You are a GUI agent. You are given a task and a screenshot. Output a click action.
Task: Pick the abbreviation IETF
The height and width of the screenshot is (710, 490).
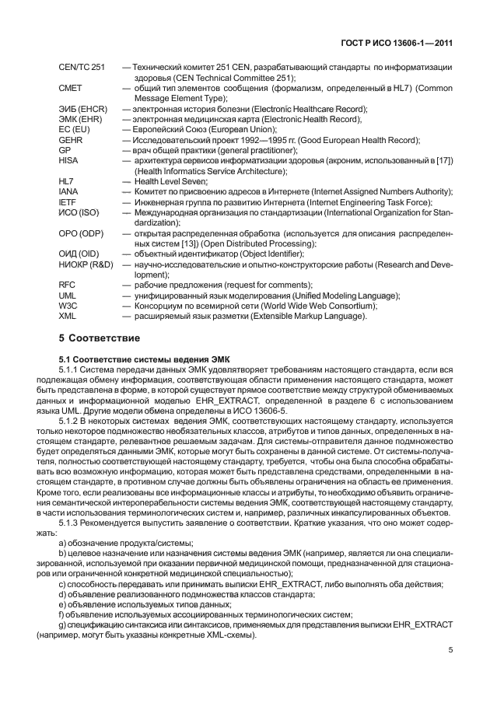[x=68, y=201]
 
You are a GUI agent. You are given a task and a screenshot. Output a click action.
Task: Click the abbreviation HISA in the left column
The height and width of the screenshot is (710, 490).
[x=68, y=159]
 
